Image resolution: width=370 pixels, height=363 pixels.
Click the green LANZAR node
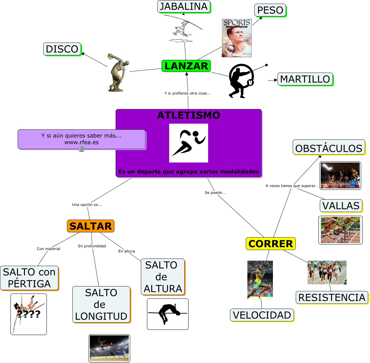coord(186,66)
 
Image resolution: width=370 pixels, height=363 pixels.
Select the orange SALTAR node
coord(91,226)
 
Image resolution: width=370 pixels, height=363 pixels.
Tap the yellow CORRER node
coord(271,244)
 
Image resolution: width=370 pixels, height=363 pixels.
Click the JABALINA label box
coord(183,6)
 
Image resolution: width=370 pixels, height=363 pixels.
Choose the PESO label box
coord(270,10)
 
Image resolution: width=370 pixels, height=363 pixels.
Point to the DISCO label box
coord(62,49)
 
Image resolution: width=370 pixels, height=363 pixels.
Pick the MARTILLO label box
coord(305,79)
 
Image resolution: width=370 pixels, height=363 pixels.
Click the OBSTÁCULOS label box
coord(329,148)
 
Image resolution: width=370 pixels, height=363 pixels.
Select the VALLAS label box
coord(341,206)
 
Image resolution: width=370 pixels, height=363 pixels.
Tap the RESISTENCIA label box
coord(332,297)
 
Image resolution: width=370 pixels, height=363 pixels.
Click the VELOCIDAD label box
coord(262,315)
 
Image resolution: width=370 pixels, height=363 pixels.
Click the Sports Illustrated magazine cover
coord(237,38)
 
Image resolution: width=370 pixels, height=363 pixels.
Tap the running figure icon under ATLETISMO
coord(189,143)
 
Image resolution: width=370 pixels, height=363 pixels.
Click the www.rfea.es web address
coord(82,142)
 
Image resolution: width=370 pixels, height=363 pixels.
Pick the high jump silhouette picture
coord(168,314)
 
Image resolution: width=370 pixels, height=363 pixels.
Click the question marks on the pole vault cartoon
coord(29,314)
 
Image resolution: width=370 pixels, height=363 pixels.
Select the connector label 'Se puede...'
coord(215,193)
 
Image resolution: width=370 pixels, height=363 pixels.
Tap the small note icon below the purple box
coord(82,149)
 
